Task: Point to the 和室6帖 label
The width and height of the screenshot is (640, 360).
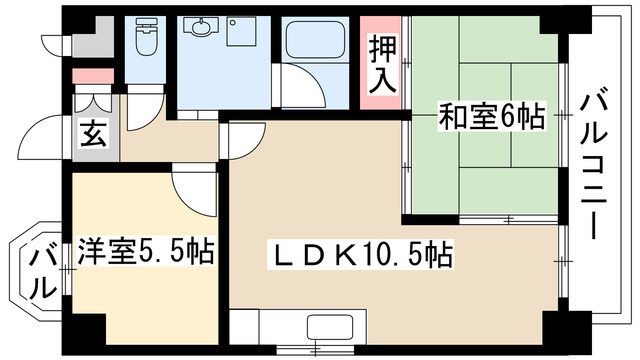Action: pyautogui.click(x=490, y=118)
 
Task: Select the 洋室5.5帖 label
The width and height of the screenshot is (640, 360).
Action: pyautogui.click(x=145, y=251)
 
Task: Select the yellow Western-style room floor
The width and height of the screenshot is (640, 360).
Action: pyautogui.click(x=145, y=290)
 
